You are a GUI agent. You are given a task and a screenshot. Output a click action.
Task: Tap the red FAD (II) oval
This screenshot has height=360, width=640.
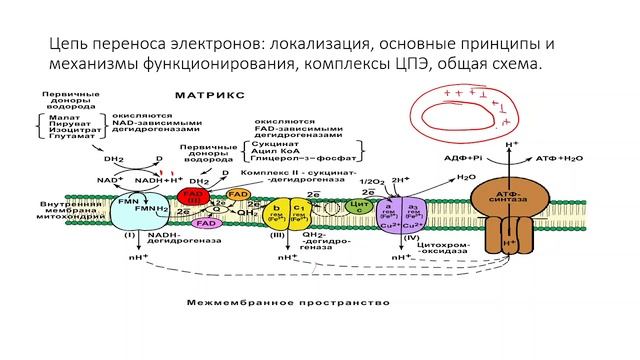click(x=191, y=191)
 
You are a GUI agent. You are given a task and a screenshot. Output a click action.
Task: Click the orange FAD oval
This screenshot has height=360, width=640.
click(x=238, y=193)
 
